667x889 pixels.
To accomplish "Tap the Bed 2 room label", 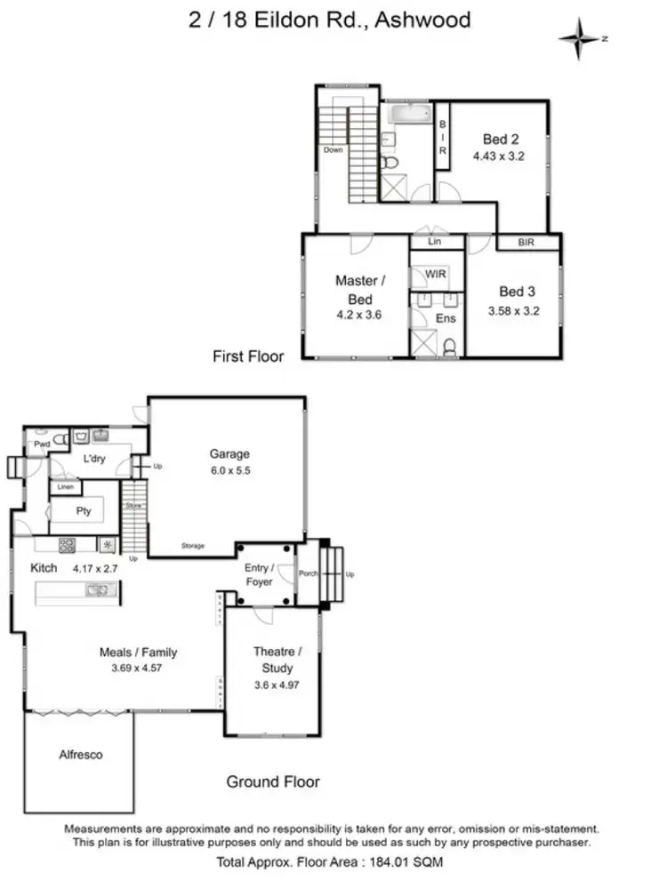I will [x=501, y=139].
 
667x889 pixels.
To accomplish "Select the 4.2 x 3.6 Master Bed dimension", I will [x=355, y=314].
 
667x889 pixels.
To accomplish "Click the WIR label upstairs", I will [x=436, y=275].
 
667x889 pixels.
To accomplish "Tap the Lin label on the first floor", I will [x=435, y=242].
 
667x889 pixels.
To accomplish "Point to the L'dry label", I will [x=95, y=460].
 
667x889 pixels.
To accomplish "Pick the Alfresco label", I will [x=80, y=755].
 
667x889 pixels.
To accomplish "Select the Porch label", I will [x=308, y=573].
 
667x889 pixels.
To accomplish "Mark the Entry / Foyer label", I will [x=259, y=574].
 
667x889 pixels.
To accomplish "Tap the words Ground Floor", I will [x=272, y=782].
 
